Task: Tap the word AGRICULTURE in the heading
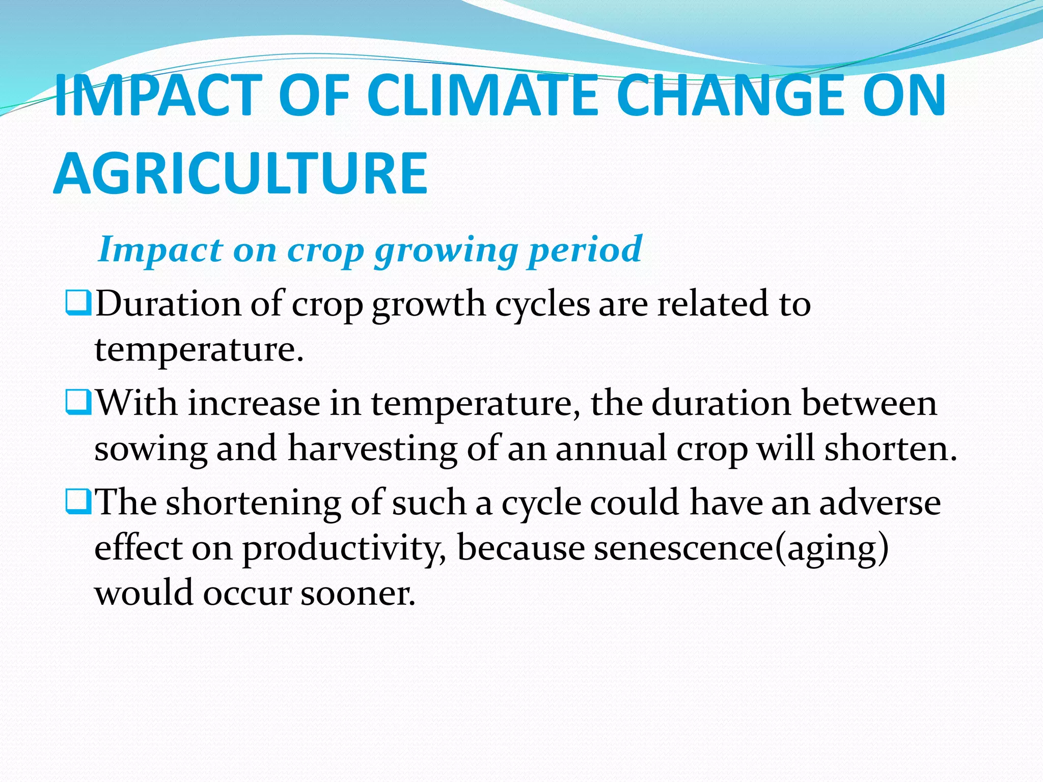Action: [240, 174]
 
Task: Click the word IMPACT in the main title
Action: [158, 96]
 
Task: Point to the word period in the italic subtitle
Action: [585, 250]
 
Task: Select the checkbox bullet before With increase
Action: [78, 402]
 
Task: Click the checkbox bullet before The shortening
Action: [78, 501]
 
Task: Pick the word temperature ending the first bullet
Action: [199, 350]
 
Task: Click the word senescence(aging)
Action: [741, 549]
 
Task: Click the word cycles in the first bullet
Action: [542, 304]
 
